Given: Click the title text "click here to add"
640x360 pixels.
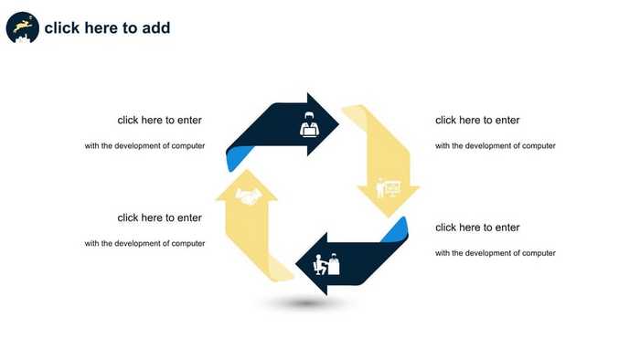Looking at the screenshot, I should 107,28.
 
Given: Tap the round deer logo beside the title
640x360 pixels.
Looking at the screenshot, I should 22,28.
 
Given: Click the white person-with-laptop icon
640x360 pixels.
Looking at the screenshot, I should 309,124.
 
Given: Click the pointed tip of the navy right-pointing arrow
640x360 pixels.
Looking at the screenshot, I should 337,124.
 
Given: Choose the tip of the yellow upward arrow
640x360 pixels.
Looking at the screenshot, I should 246,172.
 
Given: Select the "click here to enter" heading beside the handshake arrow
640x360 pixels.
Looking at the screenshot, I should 159,217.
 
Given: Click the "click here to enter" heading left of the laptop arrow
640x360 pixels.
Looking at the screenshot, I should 159,120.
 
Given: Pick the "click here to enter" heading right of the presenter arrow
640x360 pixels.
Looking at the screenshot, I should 477,120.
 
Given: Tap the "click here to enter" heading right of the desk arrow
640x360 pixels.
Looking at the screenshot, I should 477,228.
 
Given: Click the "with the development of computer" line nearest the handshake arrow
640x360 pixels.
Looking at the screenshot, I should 144,243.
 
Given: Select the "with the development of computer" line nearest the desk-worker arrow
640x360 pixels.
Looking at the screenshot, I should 495,253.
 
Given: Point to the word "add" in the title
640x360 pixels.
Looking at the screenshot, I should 155,28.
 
